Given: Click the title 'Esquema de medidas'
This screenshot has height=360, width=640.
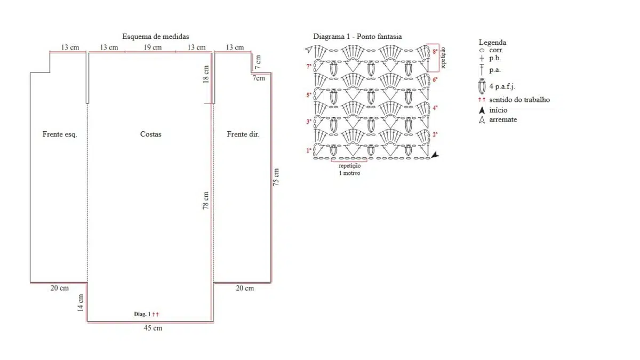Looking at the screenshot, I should (155, 37).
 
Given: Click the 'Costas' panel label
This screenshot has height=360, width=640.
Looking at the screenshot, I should (150, 134).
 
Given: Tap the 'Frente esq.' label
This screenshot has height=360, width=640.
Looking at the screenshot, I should (60, 134).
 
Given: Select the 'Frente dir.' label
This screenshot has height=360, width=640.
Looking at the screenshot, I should (243, 134).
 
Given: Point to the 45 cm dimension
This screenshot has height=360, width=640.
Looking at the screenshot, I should (154, 328).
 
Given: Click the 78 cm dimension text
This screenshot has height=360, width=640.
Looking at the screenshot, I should (206, 201).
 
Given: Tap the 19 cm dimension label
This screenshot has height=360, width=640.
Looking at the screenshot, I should (153, 47).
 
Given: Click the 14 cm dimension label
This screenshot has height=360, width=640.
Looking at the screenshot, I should (81, 303).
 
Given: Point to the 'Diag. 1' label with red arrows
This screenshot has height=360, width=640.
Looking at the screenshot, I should (146, 314).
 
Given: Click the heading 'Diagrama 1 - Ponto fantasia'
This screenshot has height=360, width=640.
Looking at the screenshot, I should (357, 37).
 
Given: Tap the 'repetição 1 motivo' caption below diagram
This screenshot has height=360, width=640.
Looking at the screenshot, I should (349, 169).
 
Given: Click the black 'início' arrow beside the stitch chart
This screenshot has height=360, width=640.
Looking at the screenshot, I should (436, 155).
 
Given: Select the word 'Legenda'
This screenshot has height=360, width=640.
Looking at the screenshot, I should (492, 42).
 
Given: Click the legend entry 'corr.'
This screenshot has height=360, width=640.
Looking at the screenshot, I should (496, 50).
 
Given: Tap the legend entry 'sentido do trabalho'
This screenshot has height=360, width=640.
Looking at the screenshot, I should (519, 100).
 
